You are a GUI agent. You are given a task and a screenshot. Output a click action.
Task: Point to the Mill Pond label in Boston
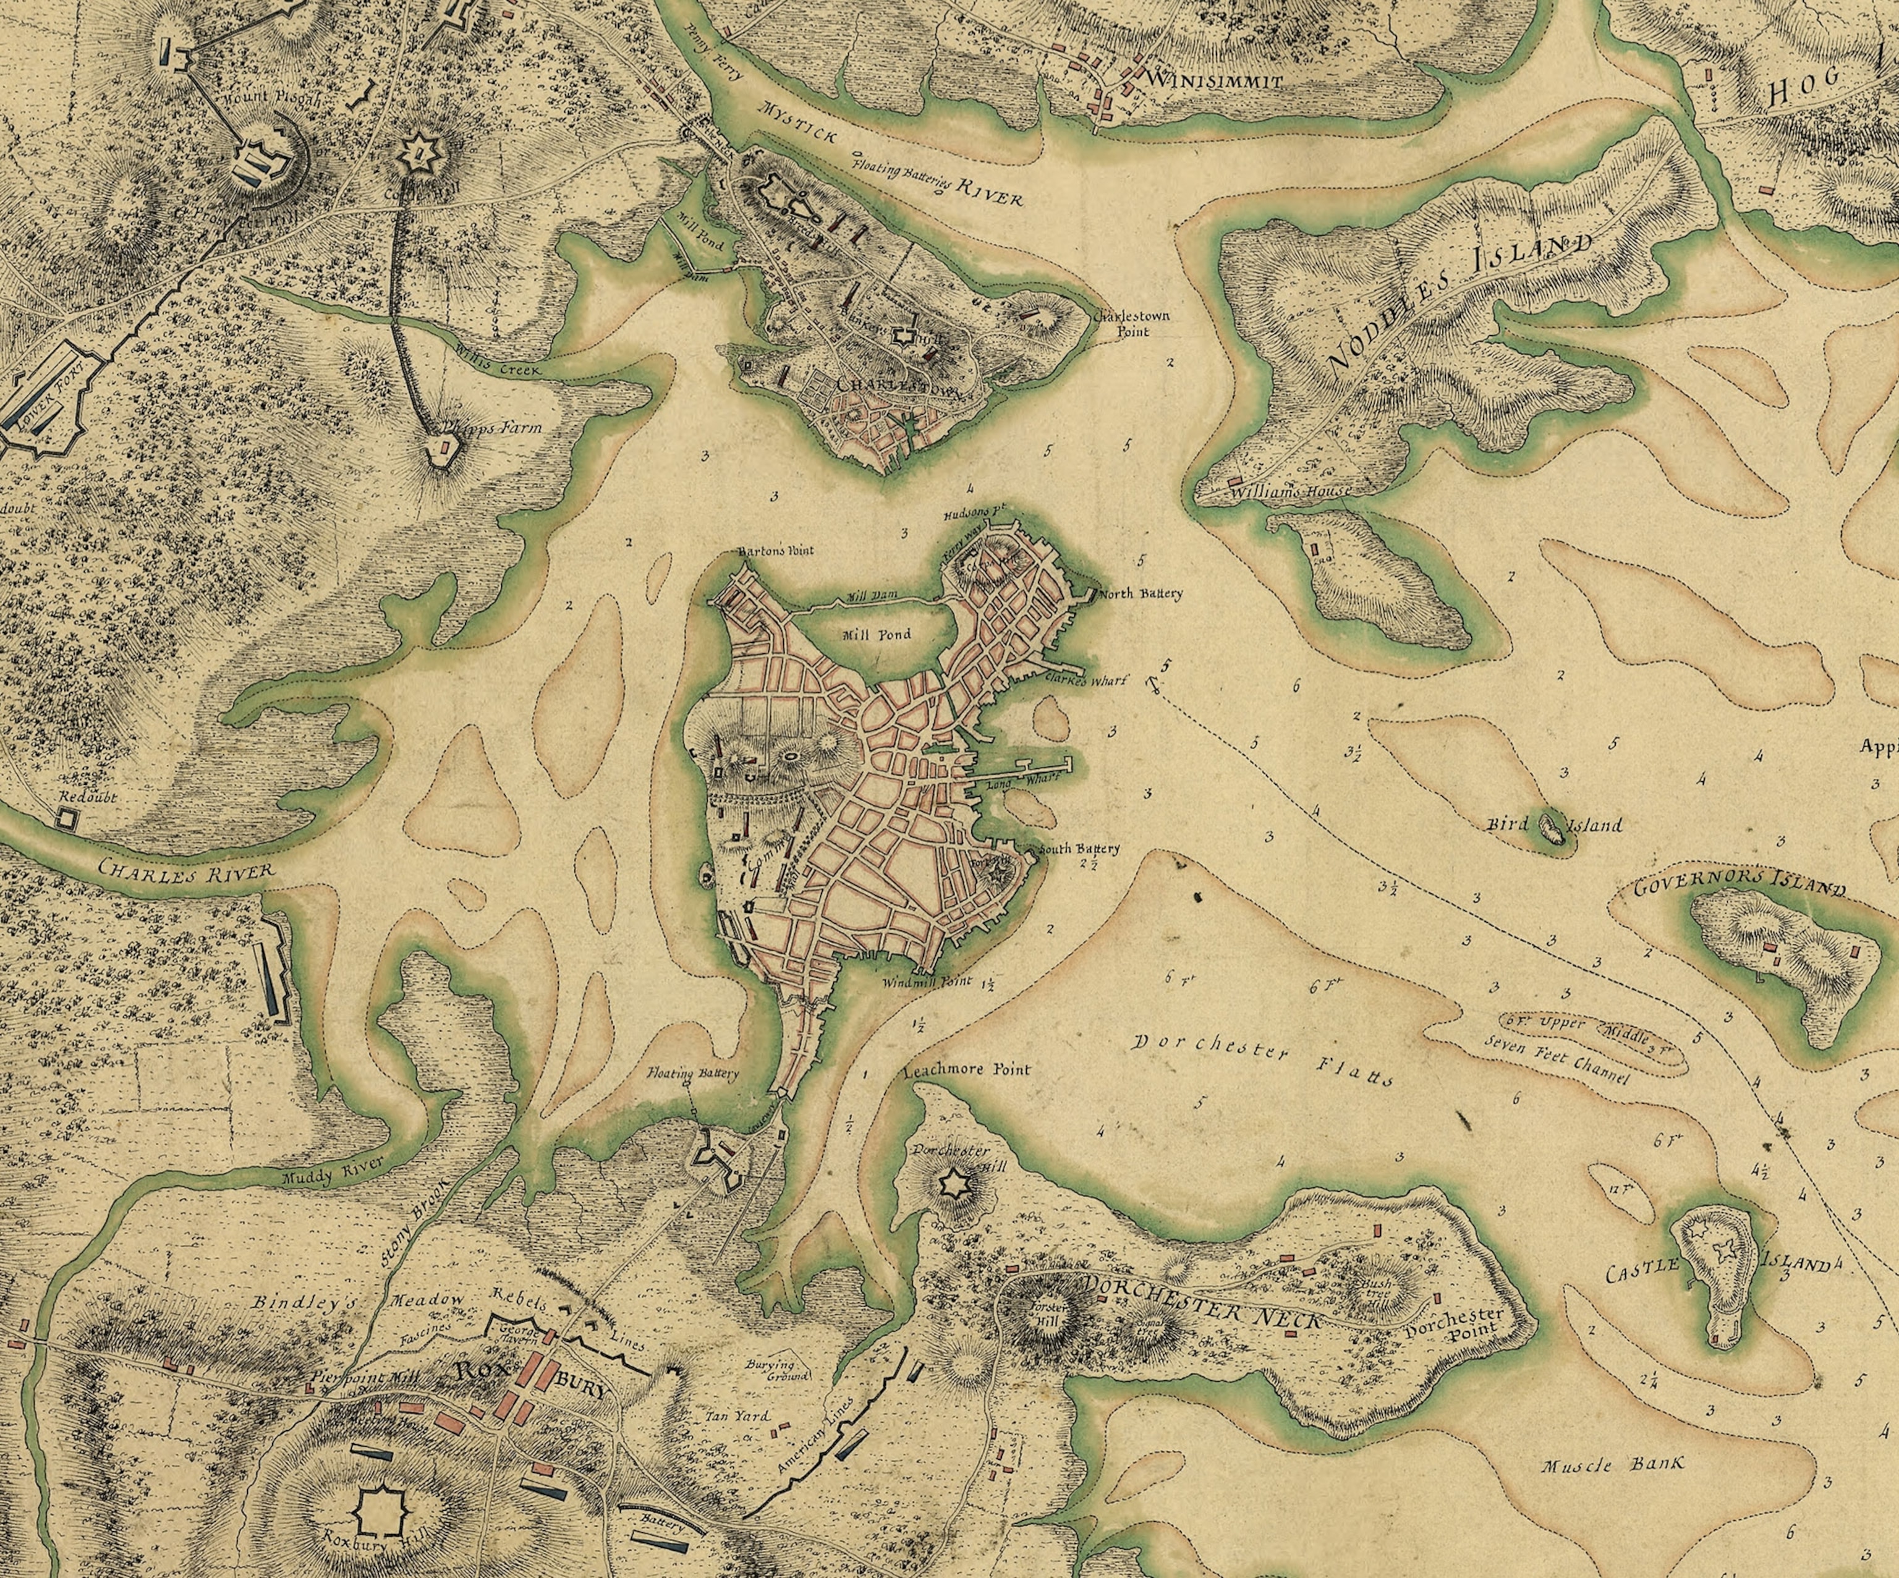(x=875, y=635)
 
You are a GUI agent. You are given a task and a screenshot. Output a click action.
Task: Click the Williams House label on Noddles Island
(x=1290, y=491)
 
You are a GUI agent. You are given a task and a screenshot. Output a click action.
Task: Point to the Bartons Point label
(x=776, y=550)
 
